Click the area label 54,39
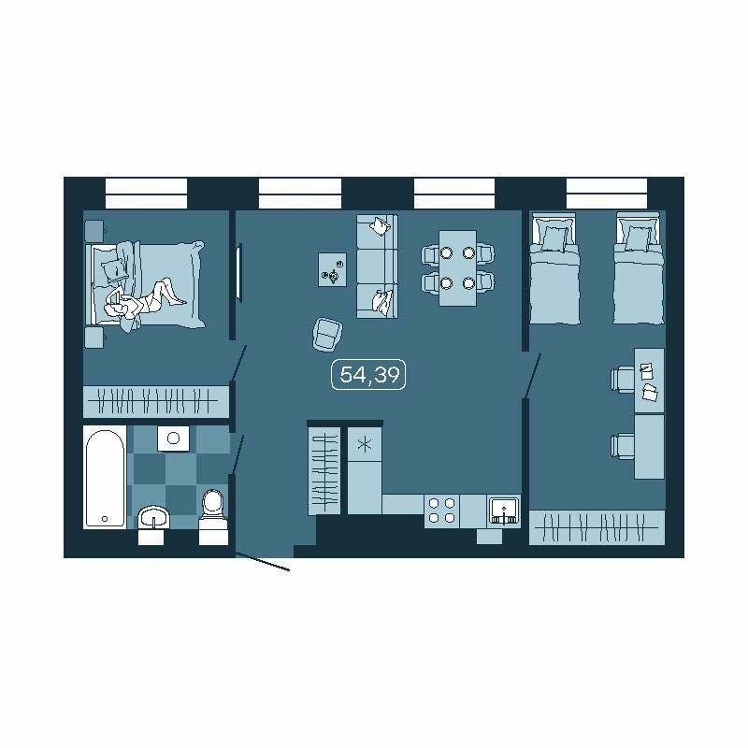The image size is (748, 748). click(368, 375)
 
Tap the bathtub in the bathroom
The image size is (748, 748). click(105, 478)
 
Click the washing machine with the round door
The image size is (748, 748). click(173, 438)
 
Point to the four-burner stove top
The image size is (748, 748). click(441, 511)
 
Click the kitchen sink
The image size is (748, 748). click(504, 511)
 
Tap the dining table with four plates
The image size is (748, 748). click(457, 268)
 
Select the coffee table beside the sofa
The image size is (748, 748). click(333, 269)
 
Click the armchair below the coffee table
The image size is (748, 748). click(328, 335)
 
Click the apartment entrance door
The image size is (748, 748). click(263, 562)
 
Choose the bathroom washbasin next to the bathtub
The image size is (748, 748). click(153, 518)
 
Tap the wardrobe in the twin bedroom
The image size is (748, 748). click(597, 527)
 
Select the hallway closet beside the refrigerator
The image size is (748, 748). click(324, 470)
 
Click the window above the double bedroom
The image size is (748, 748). click(146, 194)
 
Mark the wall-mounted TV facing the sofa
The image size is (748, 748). click(239, 272)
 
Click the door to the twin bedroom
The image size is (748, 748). click(532, 376)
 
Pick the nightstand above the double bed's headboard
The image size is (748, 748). click(94, 231)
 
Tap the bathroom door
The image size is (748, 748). click(237, 454)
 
